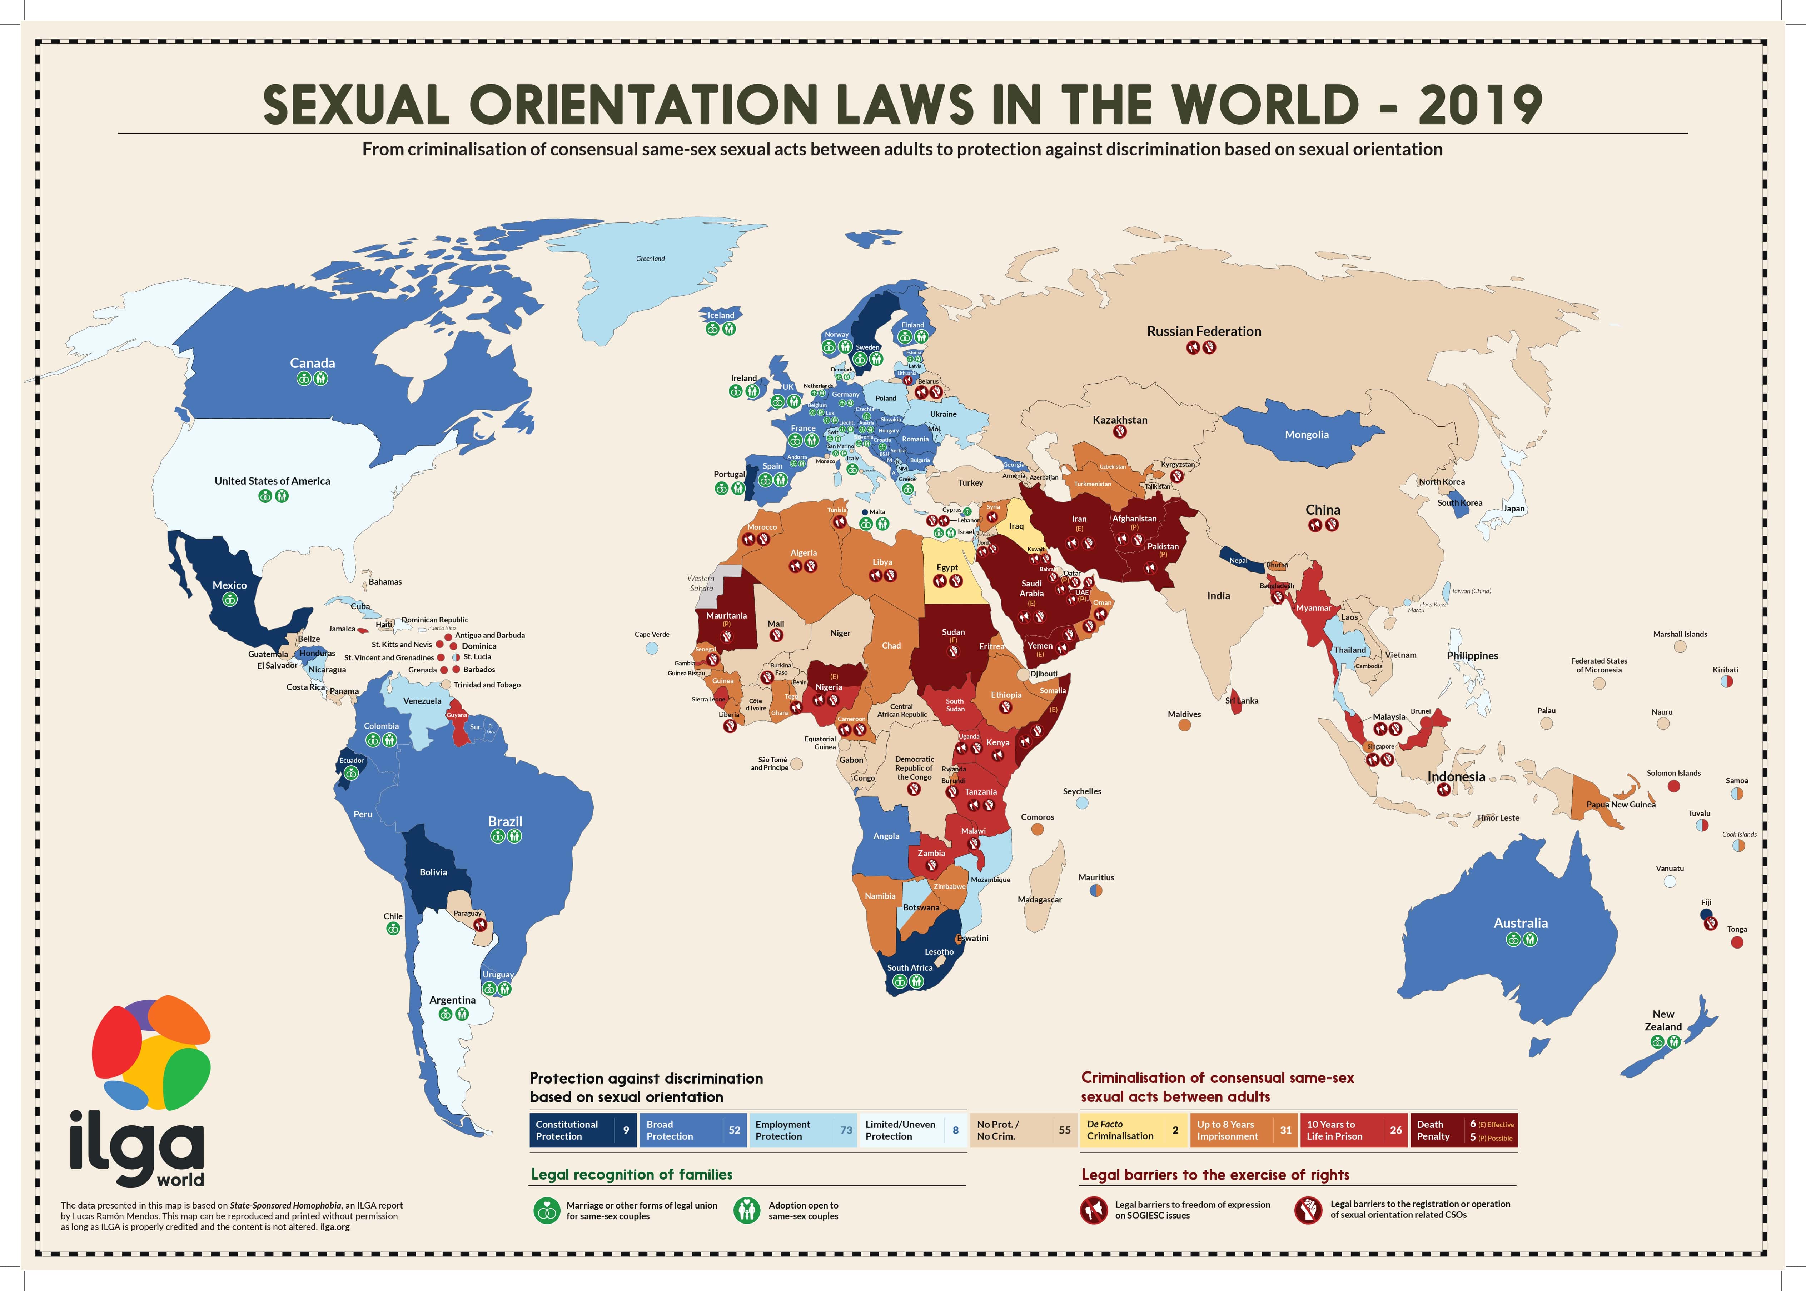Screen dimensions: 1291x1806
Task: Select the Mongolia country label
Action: click(1307, 435)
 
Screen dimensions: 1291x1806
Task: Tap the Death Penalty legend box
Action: click(1462, 1130)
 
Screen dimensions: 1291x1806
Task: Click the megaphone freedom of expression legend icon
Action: click(1094, 1210)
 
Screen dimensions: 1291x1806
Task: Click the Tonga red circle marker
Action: click(1737, 942)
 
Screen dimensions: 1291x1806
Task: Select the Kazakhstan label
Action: click(1120, 420)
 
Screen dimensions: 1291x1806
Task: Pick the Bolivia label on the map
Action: click(433, 872)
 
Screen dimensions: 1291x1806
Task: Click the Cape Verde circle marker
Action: click(652, 648)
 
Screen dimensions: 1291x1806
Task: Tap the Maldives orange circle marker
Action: click(1184, 725)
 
